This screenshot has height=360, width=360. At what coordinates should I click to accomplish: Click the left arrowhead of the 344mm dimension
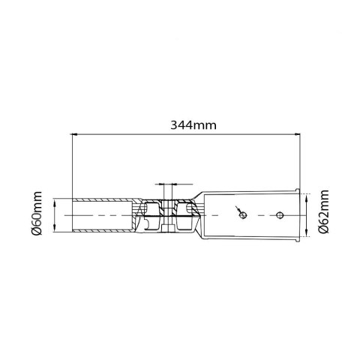click(x=74, y=135)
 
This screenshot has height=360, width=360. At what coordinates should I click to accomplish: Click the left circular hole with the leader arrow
click(x=242, y=215)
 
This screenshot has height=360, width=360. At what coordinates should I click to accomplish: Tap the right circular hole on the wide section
click(x=278, y=215)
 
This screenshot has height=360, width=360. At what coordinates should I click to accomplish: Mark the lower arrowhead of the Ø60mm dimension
click(x=61, y=232)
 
